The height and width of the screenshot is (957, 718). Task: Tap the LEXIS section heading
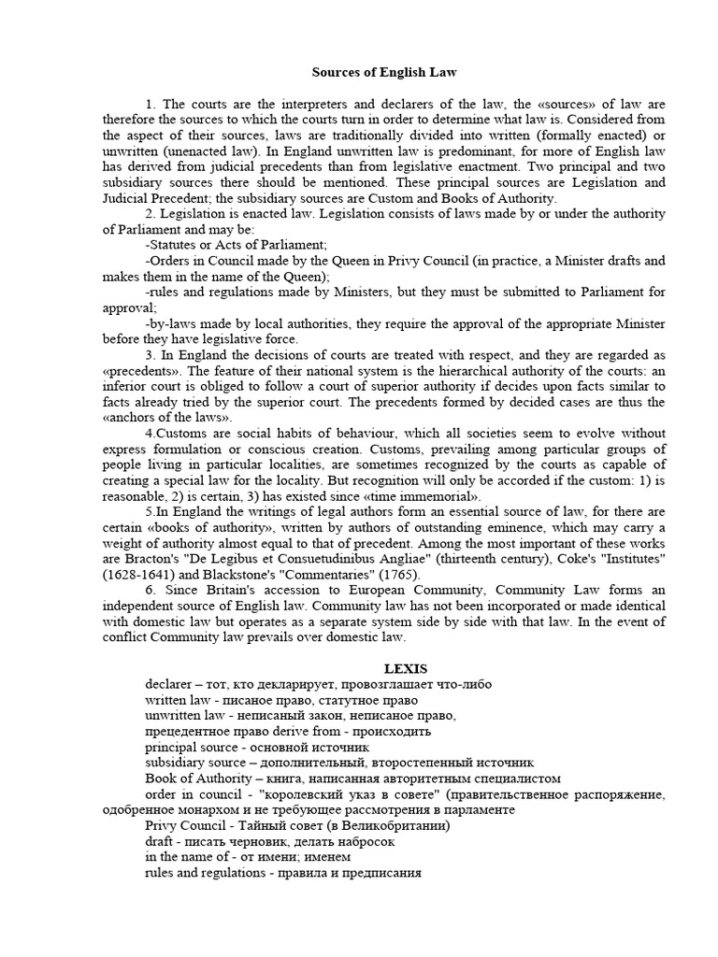(x=407, y=668)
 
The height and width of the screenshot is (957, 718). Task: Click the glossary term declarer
(x=168, y=684)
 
